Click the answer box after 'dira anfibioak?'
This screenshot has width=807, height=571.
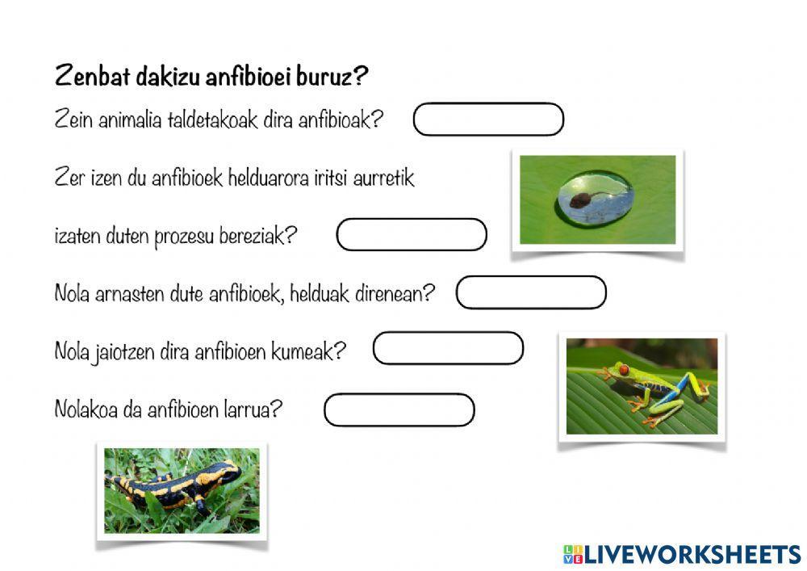487,120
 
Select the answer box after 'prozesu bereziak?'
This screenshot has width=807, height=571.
412,235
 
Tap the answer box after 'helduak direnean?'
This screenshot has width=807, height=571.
531,292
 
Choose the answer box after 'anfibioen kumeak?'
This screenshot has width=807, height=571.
448,348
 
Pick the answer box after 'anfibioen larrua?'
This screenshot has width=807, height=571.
399,409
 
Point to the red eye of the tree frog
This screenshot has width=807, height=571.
622,369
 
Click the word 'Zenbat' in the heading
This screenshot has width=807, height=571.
87,77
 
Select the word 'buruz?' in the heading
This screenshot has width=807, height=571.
337,77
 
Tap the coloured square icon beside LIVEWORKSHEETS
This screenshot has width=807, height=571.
572,554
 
